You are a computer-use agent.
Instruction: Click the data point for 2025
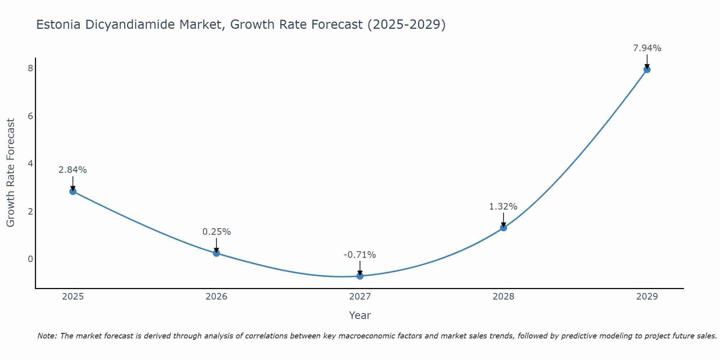click(x=73, y=191)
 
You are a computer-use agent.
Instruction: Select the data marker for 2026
click(x=216, y=253)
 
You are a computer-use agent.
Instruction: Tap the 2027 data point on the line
click(x=360, y=276)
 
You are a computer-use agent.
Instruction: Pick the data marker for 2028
click(x=503, y=228)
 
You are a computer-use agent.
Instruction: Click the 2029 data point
click(x=647, y=69)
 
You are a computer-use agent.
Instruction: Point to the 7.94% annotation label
click(x=647, y=48)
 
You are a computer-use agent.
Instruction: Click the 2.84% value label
click(x=73, y=170)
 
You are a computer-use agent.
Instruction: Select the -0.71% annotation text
click(x=360, y=255)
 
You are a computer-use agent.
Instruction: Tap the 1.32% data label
click(x=503, y=207)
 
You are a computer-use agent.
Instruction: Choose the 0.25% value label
click(x=216, y=232)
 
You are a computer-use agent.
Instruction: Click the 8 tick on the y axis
click(x=30, y=68)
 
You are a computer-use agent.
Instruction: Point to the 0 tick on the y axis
click(x=30, y=259)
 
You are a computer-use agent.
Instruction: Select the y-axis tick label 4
click(x=30, y=164)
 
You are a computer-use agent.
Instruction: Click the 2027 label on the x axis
click(x=360, y=297)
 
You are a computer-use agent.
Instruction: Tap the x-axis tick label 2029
click(x=647, y=297)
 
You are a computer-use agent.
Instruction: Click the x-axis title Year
click(x=360, y=315)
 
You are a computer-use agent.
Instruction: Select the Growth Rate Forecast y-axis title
click(x=11, y=173)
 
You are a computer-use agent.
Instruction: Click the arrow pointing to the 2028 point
click(x=503, y=219)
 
